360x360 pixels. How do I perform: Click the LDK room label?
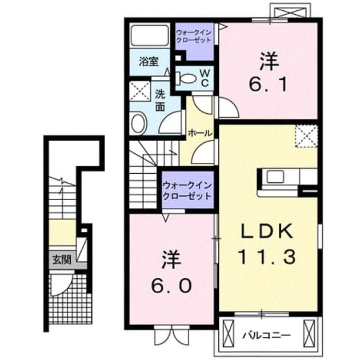[x=266, y=231]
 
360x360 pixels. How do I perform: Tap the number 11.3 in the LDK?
[x=267, y=257]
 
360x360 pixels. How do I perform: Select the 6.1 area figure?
[x=269, y=84]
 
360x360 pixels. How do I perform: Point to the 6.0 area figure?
[x=171, y=286]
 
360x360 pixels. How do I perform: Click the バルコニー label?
[x=266, y=335]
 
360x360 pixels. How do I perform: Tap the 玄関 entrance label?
[x=62, y=260]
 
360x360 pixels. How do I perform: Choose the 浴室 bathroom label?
[x=149, y=62]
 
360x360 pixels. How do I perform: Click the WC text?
[x=205, y=78]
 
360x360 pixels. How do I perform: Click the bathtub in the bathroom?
[x=150, y=35]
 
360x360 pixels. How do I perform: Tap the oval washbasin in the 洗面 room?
[x=139, y=123]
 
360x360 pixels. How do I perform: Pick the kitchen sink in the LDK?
[x=275, y=177]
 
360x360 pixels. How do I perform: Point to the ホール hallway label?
[x=199, y=133]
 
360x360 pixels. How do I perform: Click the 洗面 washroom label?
[x=160, y=101]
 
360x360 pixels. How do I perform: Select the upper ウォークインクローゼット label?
[x=194, y=37]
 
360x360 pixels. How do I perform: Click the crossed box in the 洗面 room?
[x=140, y=91]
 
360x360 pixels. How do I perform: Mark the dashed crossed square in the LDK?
[x=306, y=136]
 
